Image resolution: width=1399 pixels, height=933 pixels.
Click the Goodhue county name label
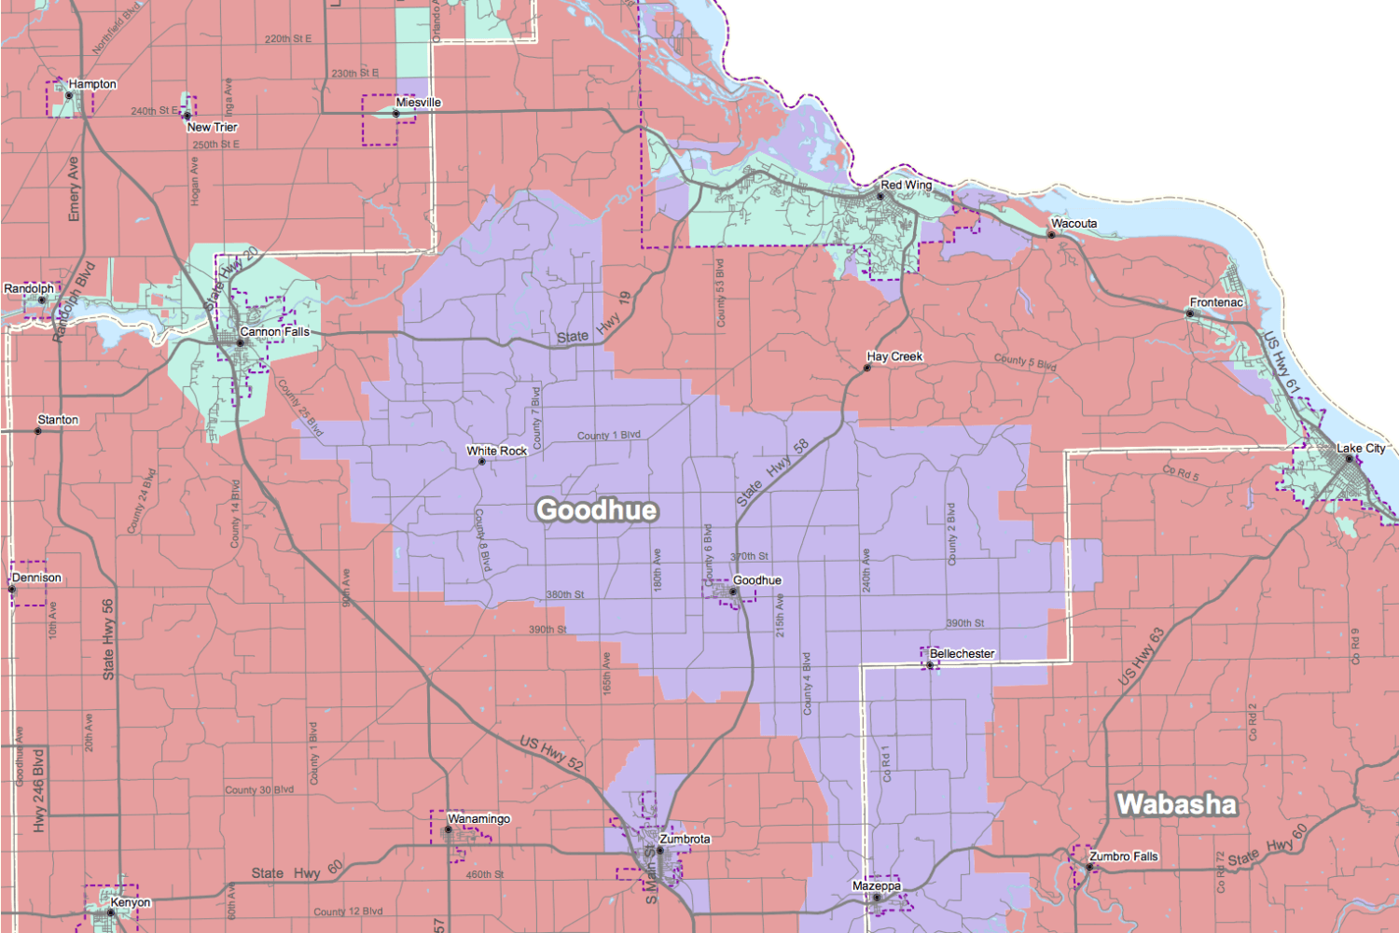(597, 509)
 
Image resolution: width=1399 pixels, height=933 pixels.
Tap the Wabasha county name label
(1176, 803)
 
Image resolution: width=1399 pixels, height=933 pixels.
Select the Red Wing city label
(906, 185)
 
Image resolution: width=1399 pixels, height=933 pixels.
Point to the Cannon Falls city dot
(240, 342)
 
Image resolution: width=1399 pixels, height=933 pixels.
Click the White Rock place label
(497, 451)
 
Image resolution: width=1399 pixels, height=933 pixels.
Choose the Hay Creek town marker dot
(866, 368)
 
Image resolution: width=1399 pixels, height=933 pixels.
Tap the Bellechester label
(962, 654)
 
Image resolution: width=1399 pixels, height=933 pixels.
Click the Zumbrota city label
(685, 839)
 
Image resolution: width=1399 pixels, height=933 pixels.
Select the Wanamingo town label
(478, 818)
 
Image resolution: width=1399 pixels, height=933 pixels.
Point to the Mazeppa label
(877, 885)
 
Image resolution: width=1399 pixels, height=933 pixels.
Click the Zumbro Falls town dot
(1089, 868)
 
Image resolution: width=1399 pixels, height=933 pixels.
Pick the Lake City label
(1361, 448)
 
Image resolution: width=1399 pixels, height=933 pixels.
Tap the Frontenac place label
(1216, 302)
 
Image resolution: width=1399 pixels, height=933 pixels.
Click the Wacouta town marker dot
(1051, 235)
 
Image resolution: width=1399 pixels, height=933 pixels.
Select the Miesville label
(418, 103)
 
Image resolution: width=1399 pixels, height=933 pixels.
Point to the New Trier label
(213, 127)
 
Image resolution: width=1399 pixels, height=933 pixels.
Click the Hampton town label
(92, 84)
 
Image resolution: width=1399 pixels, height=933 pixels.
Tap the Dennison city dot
(12, 590)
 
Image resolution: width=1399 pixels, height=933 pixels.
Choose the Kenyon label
(131, 902)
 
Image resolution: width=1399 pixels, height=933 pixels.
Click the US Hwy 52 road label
(551, 753)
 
